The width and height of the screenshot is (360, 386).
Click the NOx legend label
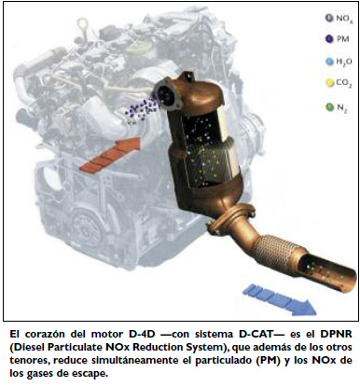pyautogui.click(x=343, y=19)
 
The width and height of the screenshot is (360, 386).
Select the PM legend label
pyautogui.click(x=342, y=39)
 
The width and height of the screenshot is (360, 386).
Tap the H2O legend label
pyautogui.click(x=344, y=62)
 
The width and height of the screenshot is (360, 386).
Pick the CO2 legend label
pyautogui.click(x=344, y=83)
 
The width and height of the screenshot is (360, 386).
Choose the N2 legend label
pyautogui.click(x=342, y=108)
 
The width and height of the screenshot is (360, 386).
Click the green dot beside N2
pyautogui.click(x=329, y=107)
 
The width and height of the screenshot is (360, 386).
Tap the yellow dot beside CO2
pyautogui.click(x=329, y=83)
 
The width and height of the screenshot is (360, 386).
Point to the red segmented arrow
pyautogui.click(x=110, y=154)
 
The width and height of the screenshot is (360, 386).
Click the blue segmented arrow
pyautogui.click(x=279, y=299)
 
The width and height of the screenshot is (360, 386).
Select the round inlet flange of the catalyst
pyautogui.click(x=167, y=93)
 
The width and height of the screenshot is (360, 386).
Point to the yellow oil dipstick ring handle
pyautogui.click(x=82, y=23)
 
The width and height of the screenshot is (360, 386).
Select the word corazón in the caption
pyautogui.click(x=46, y=335)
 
